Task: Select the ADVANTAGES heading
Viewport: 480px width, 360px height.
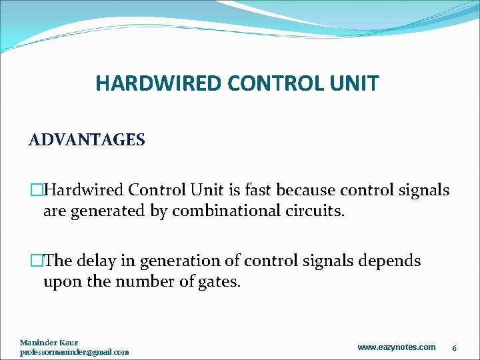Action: point(87,140)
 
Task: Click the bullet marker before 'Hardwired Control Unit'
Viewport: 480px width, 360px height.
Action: point(37,191)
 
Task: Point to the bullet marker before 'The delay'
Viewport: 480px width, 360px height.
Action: point(37,261)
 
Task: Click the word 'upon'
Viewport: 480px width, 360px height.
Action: point(62,282)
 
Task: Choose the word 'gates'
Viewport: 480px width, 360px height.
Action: point(219,282)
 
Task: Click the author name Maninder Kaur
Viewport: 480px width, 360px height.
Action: point(49,343)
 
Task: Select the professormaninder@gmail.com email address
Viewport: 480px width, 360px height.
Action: point(75,351)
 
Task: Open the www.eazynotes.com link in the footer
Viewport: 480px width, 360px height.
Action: point(397,347)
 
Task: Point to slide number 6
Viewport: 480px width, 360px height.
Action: point(454,347)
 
